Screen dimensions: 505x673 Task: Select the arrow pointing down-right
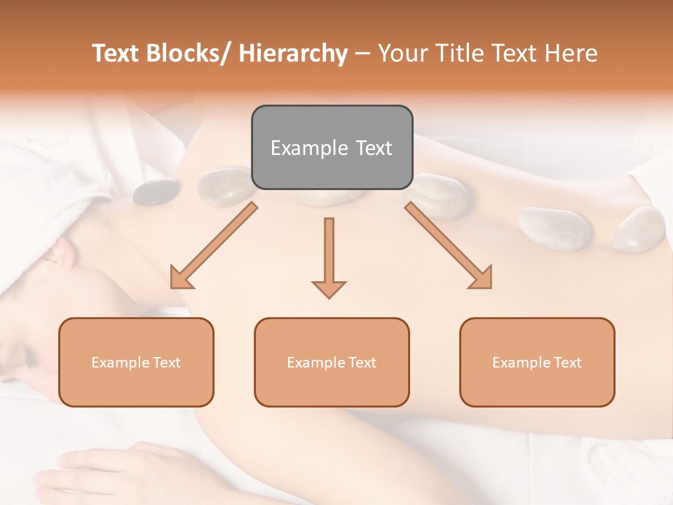[449, 246]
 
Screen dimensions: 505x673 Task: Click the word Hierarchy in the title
[293, 53]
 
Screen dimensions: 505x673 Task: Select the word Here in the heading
[572, 53]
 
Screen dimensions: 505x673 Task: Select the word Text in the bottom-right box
[567, 363]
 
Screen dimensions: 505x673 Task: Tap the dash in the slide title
[362, 53]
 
